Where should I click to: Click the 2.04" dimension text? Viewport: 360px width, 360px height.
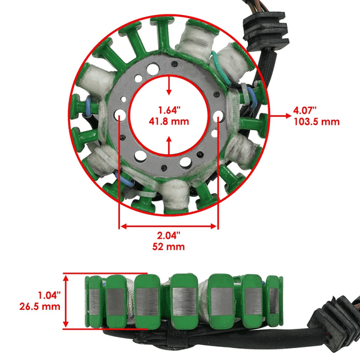[169, 236]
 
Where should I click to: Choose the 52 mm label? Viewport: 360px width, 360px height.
[169, 247]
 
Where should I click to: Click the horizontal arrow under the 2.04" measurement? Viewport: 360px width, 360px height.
[169, 226]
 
